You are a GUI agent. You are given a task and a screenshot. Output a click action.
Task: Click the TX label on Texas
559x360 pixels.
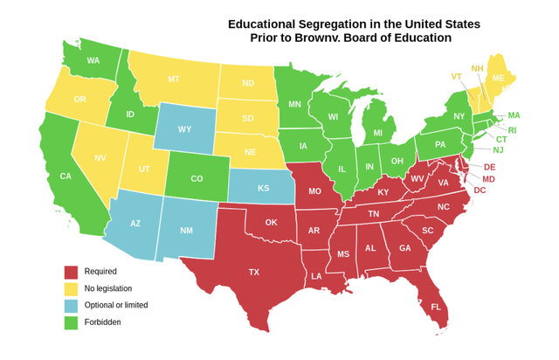coord(254,272)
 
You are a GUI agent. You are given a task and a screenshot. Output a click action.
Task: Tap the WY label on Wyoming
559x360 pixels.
coord(184,129)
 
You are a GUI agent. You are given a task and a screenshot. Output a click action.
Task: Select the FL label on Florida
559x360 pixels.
coord(435,307)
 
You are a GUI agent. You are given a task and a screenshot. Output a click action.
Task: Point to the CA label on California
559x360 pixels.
coord(65,177)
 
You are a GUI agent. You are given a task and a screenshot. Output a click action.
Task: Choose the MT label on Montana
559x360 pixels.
coord(174,79)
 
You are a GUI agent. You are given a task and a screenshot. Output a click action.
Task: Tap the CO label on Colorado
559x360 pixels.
coord(197,179)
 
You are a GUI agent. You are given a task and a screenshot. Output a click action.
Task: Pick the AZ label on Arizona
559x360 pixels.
coord(135,224)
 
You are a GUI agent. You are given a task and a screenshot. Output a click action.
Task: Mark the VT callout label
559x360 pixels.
coord(456,76)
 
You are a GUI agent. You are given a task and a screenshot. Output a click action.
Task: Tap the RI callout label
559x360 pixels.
coord(513,129)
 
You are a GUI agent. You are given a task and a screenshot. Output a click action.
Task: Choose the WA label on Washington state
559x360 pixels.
coord(92,60)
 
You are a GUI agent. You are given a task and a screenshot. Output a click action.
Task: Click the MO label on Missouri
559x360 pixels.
coord(315,190)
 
